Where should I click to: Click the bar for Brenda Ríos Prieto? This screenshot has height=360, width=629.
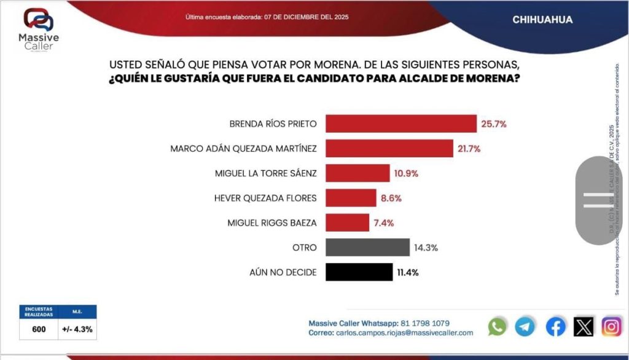tap(400, 123)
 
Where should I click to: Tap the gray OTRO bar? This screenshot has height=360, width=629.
tap(367, 247)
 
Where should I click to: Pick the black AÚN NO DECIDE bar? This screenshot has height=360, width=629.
tap(359, 272)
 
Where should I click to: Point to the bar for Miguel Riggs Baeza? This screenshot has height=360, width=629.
tap(347, 222)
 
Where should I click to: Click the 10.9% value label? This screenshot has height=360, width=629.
tap(407, 173)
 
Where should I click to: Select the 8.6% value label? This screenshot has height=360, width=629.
tap(391, 198)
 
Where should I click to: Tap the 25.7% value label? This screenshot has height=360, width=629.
tap(494, 123)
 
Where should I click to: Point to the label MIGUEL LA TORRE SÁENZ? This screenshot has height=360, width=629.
tap(266, 173)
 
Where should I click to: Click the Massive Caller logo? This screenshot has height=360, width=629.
tap(39, 31)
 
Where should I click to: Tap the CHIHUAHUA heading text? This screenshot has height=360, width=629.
tap(542, 20)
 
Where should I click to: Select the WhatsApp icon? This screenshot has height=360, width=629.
tap(497, 327)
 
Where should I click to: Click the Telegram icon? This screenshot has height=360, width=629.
tap(525, 327)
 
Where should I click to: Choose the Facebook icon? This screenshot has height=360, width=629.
tap(555, 327)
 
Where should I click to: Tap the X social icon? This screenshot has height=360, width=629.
tap(584, 327)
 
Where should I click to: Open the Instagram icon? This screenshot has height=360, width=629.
tap(611, 327)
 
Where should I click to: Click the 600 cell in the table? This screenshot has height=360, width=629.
tap(39, 329)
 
